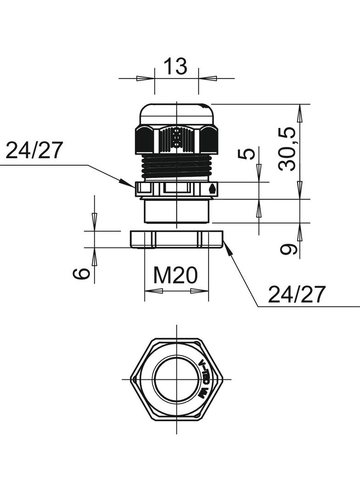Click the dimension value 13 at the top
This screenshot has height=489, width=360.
[176, 67]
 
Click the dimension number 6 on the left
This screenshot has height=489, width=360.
[81, 273]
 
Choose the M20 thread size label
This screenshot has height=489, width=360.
[175, 275]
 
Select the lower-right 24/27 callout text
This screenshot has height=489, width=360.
[297, 295]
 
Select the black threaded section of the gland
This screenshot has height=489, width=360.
[177, 167]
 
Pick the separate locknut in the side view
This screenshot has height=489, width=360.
[177, 239]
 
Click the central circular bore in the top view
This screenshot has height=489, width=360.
[177, 379]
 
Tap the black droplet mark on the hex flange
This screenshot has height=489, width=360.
[212, 188]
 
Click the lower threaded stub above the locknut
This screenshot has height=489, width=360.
[177, 211]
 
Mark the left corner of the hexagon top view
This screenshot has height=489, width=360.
[131, 379]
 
